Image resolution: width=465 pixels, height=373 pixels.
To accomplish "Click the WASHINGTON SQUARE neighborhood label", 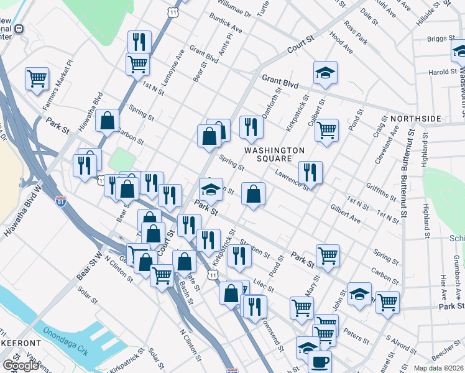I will click(274, 154).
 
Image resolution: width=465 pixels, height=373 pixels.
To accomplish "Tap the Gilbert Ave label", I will click(346, 213).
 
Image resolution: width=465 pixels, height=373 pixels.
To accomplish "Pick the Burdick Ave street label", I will click(225, 24).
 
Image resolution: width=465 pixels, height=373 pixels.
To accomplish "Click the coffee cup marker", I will click(320, 361).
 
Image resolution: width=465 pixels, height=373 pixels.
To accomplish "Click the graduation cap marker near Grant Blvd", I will click(325, 72).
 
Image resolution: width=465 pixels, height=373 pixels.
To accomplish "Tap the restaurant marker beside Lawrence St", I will click(310, 172).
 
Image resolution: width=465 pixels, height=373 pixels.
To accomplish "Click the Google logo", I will click(21, 366).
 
